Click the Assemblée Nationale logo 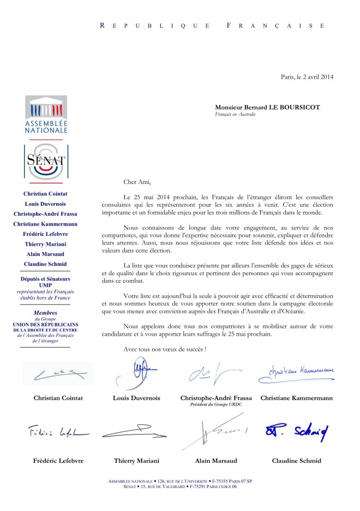[x=46, y=115]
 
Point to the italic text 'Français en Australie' [x=236, y=115]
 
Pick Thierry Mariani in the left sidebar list [x=46, y=244]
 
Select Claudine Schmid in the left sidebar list [x=46, y=264]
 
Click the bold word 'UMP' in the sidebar [x=46, y=285]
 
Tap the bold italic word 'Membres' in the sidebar [x=46, y=313]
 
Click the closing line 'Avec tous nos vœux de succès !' [x=164, y=349]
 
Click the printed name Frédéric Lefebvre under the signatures [x=56, y=460]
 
